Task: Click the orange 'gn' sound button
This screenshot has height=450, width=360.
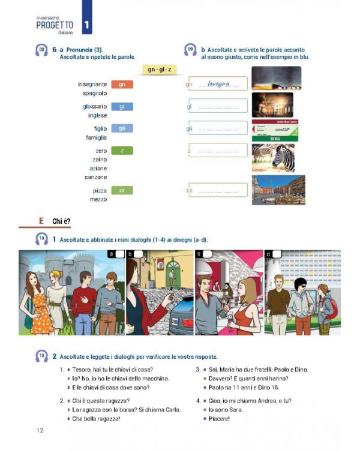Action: click(122, 85)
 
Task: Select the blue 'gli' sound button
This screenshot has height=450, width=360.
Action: click(122, 128)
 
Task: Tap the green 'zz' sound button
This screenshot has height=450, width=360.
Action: click(122, 191)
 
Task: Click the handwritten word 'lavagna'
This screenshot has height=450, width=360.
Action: click(218, 85)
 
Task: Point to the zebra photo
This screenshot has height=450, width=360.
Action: click(273, 158)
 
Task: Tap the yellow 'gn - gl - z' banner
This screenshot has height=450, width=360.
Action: click(158, 70)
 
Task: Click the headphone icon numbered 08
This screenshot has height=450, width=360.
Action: click(41, 50)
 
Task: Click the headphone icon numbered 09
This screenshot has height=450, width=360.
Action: click(191, 50)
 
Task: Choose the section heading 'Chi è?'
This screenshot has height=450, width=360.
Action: click(61, 221)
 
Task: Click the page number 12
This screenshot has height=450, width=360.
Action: click(40, 430)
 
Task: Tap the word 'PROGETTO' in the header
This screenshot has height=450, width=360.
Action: click(55, 25)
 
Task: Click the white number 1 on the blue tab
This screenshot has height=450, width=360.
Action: click(88, 25)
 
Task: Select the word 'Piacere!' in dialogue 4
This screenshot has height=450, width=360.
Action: click(220, 418)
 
